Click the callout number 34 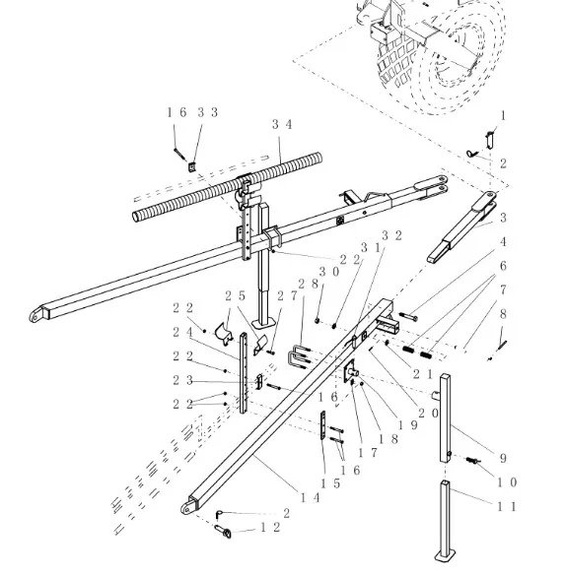pos(282,124)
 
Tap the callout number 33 pos(207,112)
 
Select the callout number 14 pos(311,497)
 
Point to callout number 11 pos(507,507)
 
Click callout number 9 pos(503,458)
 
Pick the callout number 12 pos(270,527)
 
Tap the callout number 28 pos(308,284)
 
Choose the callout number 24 pos(182,332)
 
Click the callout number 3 pos(503,217)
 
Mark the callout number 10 pos(507,482)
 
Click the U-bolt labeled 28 pos(298,356)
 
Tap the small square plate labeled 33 pos(192,167)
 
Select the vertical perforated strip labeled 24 pos(244,373)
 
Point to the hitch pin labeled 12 pos(223,531)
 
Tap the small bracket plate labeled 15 pos(323,425)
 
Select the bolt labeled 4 pos(408,315)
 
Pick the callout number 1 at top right pos(503,116)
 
